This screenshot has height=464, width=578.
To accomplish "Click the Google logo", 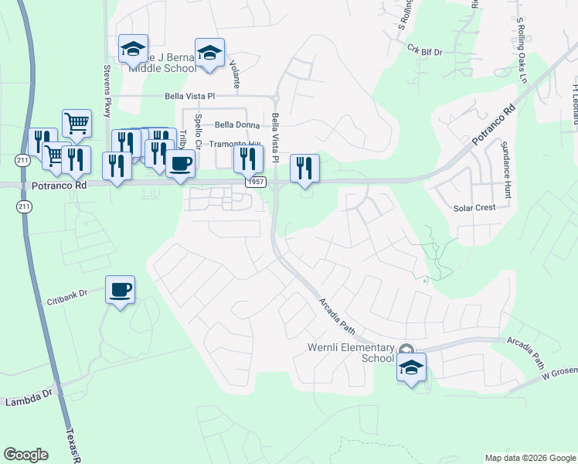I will coord(25,455).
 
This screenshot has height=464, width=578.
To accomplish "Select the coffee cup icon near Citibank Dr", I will coord(120,291).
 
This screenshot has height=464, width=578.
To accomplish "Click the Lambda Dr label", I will coord(28,401).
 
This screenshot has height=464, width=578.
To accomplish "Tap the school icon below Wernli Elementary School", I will coord(411,368).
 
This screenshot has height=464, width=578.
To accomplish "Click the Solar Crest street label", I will coord(474,208).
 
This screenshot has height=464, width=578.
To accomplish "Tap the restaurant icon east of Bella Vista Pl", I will coord(304,169).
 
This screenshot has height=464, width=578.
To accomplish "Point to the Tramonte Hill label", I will coord(236,144).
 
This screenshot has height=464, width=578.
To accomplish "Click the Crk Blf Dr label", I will coord(424,51).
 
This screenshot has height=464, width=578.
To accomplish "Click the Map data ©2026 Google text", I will coord(529,458).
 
